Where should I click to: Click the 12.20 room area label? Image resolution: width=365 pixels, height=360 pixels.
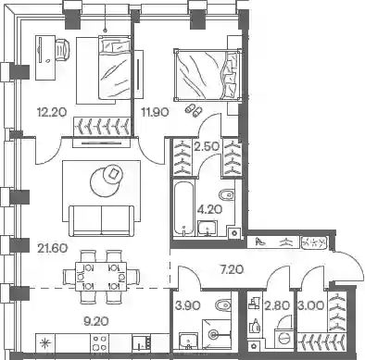coord(52,112)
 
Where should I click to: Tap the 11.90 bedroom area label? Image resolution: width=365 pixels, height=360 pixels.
coord(155,112)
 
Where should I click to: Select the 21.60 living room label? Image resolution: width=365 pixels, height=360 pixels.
coord(52,248)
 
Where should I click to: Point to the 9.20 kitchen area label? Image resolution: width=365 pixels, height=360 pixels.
coord(96,322)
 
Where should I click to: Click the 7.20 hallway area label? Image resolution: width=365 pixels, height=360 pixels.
coord(233,270)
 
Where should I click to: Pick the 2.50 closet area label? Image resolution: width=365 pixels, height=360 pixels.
coord(207,146)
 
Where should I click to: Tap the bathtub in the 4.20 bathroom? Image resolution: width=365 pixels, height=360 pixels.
coord(184,209)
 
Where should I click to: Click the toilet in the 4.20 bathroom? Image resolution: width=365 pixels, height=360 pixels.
coord(226,195)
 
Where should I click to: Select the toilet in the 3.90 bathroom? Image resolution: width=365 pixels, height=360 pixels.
coord(223,305)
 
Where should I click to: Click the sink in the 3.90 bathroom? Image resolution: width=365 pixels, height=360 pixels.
coord(188,341)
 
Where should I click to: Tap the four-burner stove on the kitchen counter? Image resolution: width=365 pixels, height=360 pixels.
coord(100,342)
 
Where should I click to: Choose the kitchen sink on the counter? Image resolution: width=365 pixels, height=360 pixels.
coord(142,342)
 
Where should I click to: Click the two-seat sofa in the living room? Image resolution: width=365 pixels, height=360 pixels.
coord(102,221)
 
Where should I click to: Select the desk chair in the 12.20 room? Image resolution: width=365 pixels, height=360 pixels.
coord(63,49)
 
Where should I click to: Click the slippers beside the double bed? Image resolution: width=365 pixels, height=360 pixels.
coord(194,110)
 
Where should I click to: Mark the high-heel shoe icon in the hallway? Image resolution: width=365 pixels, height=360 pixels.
coord(261,242)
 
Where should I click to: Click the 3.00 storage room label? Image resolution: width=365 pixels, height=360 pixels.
coord(311,305)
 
